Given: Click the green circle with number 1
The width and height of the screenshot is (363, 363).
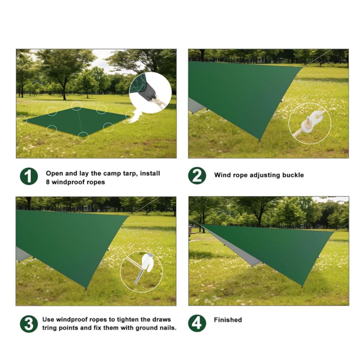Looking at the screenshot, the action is point(29,176).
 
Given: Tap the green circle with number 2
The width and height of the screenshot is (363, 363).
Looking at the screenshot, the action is point(197,175).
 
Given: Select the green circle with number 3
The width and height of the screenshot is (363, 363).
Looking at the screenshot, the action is point(29,324).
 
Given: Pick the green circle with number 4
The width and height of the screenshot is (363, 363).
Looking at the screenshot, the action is point(197,323).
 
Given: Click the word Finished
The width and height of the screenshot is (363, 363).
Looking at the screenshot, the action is point(228,320).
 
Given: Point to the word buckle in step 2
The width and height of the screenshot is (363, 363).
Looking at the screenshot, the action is point(293,175).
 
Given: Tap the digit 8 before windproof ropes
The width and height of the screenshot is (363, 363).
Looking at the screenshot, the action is point(48,182).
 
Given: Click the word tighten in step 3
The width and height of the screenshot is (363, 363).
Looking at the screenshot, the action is point(128,320).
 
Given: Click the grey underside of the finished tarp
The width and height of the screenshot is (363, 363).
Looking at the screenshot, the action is point(235,249).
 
